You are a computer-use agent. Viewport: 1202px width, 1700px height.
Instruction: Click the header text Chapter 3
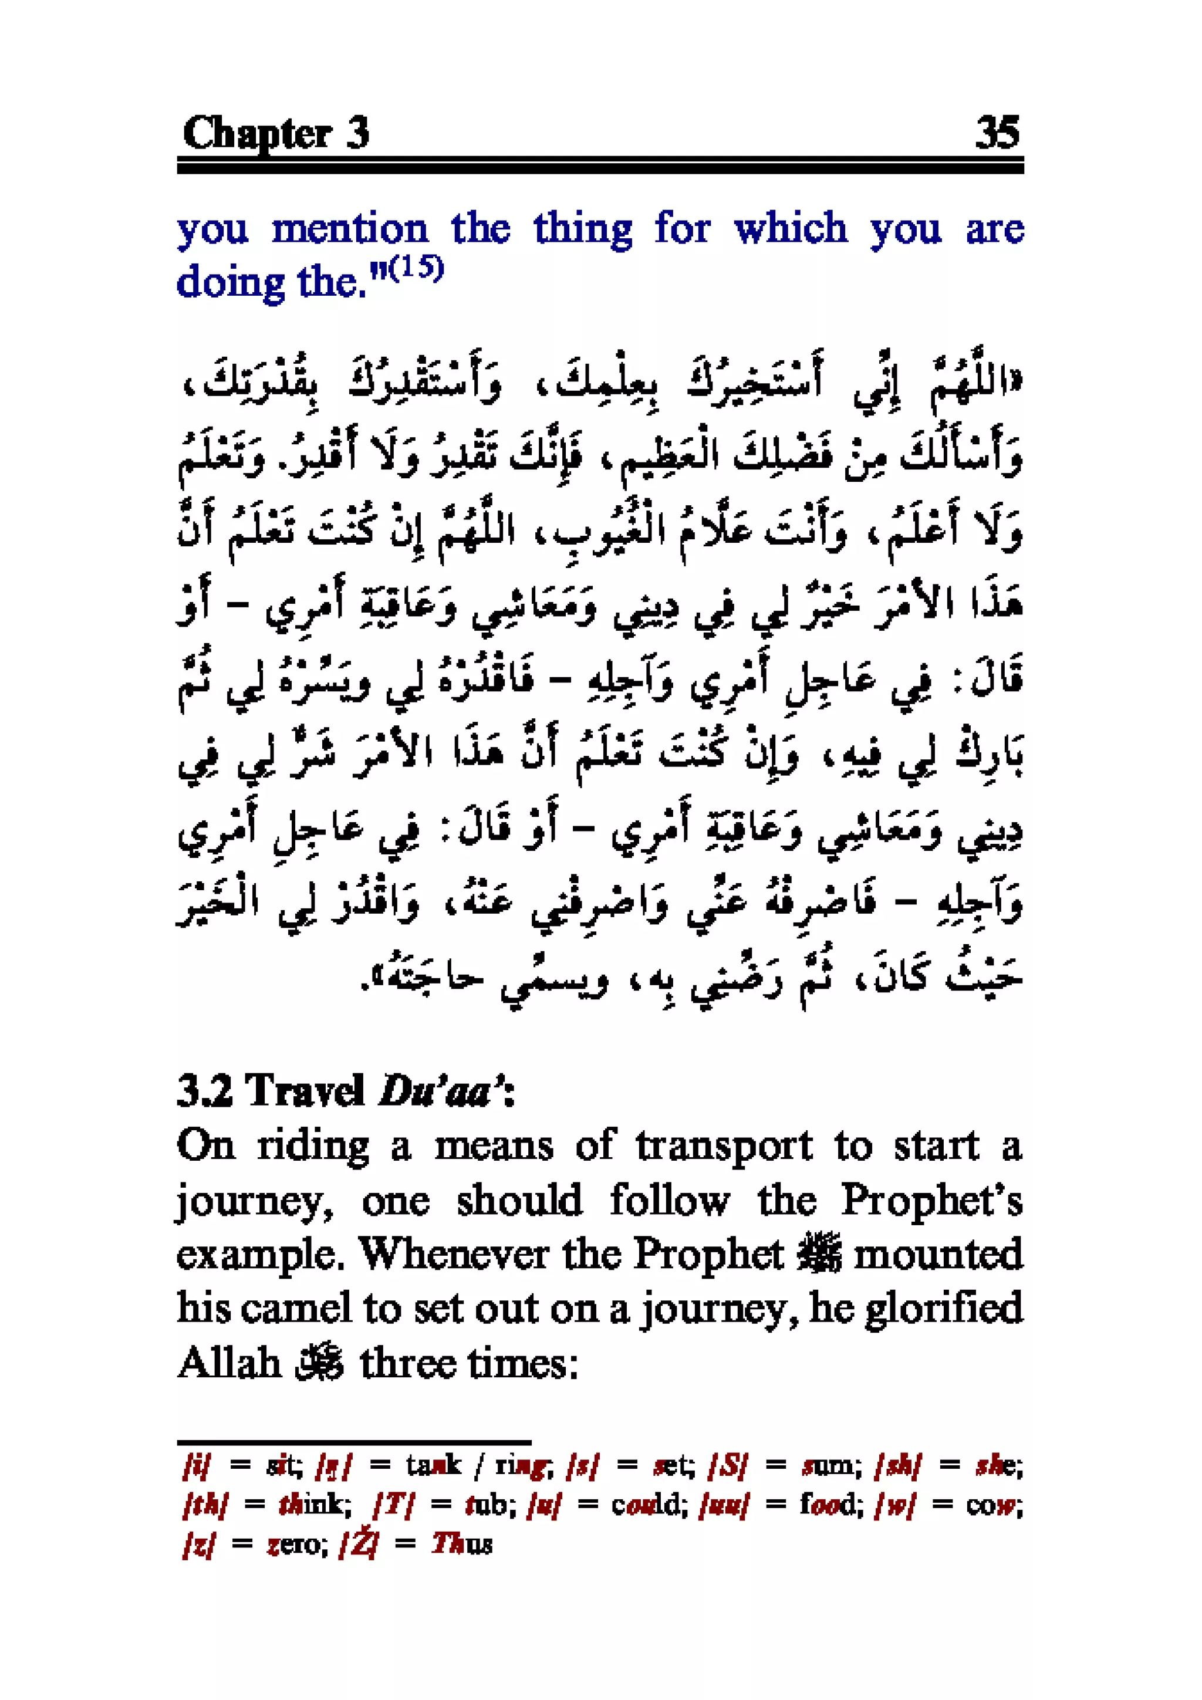tap(275, 134)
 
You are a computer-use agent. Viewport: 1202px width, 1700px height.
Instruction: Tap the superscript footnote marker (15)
tap(417, 268)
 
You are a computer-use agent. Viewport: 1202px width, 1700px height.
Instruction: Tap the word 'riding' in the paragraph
tap(313, 1147)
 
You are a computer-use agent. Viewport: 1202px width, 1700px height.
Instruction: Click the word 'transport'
tap(724, 1147)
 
